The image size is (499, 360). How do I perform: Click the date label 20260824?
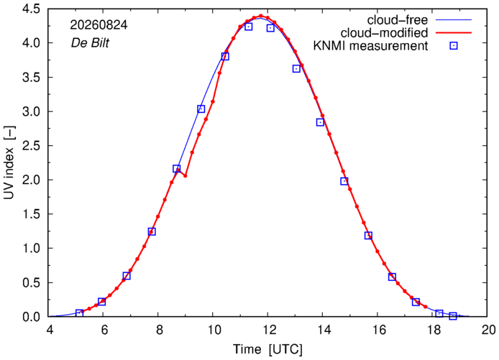pos(99,25)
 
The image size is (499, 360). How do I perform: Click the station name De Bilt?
pos(90,42)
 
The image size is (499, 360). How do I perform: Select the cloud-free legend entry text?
pos(398,20)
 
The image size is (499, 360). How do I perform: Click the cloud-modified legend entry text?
pos(384,33)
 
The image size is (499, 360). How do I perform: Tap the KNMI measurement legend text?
pos(370,46)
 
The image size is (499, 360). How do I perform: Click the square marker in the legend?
pos(454,46)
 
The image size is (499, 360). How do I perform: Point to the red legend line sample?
pos(454,32)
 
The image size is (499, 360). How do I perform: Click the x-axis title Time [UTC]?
pos(267,349)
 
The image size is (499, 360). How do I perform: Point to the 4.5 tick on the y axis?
pos(31,9)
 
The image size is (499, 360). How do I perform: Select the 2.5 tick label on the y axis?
pos(31,146)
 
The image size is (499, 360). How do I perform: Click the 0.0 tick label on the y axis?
pos(31,317)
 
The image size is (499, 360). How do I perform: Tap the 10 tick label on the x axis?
pos(214,330)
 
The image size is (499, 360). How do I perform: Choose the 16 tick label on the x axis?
pos(377,330)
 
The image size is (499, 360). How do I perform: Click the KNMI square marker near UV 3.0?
pos(201,109)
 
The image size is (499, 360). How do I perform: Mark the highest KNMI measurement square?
pos(249,27)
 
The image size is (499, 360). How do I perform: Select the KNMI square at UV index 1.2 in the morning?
pos(152,231)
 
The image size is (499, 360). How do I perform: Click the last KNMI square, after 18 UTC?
pos(453,315)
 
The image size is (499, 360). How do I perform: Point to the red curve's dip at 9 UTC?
pos(186,175)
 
